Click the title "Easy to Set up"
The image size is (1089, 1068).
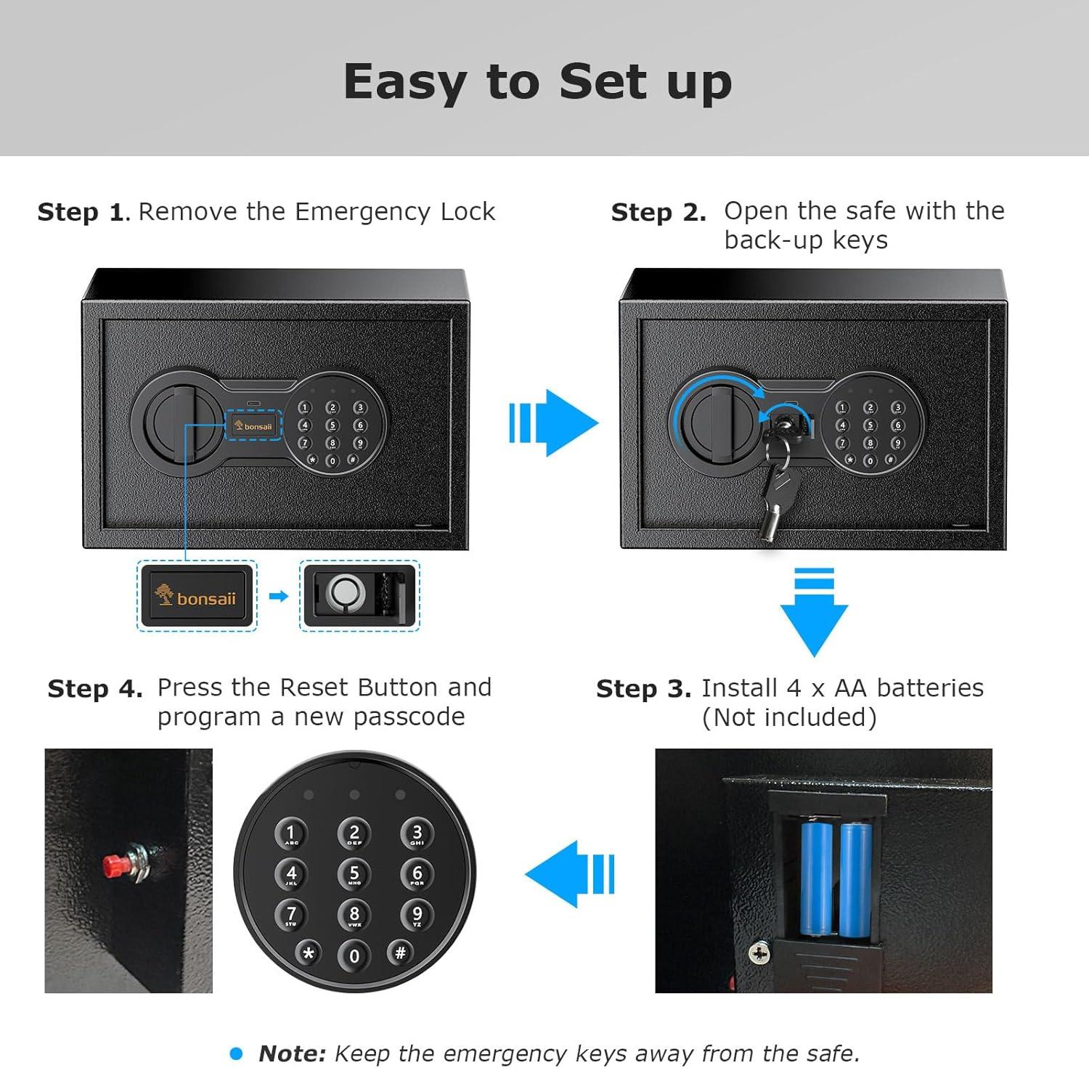[538, 82]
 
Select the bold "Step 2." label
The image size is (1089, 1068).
[658, 212]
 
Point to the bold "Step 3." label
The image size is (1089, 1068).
[643, 688]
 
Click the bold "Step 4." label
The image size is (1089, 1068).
[95, 688]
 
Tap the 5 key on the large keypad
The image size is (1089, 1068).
[354, 873]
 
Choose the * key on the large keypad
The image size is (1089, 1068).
[309, 953]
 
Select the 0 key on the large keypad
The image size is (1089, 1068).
[354, 955]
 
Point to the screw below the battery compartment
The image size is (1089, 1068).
[759, 953]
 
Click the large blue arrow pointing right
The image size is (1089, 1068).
[553, 423]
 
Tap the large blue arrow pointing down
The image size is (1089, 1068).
[814, 613]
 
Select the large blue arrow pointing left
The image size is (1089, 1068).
[570, 873]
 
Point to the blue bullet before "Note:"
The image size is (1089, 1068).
[236, 1053]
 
